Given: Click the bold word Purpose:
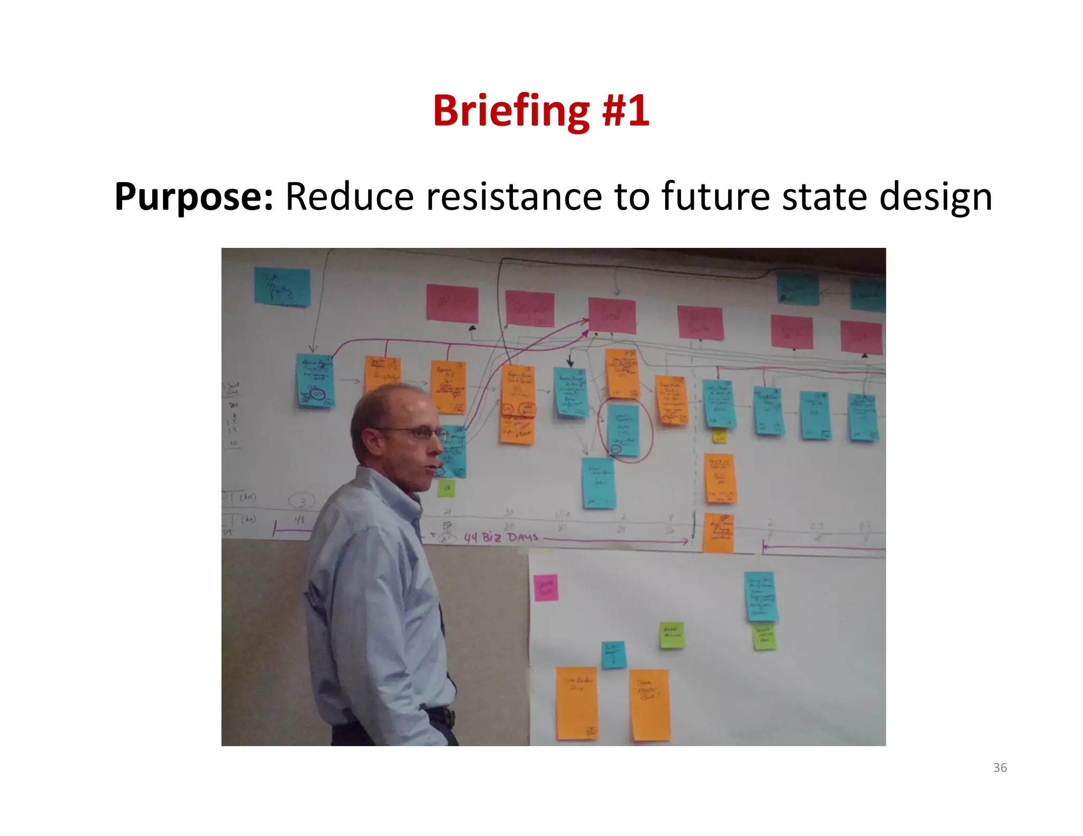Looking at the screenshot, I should [194, 197].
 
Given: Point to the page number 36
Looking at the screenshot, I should [1000, 767].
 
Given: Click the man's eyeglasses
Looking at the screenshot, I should [418, 432].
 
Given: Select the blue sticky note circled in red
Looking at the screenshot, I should [623, 430].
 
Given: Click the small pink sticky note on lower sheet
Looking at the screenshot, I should [546, 588].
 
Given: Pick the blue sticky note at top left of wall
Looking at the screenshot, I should [282, 286].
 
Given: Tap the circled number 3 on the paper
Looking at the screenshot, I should [302, 500].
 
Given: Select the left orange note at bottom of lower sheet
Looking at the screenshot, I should [576, 703].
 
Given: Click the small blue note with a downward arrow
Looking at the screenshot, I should [613, 654].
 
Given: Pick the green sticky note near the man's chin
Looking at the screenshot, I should [446, 487].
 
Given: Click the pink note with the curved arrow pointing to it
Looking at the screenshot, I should [612, 315].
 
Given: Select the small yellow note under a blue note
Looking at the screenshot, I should [719, 436].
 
